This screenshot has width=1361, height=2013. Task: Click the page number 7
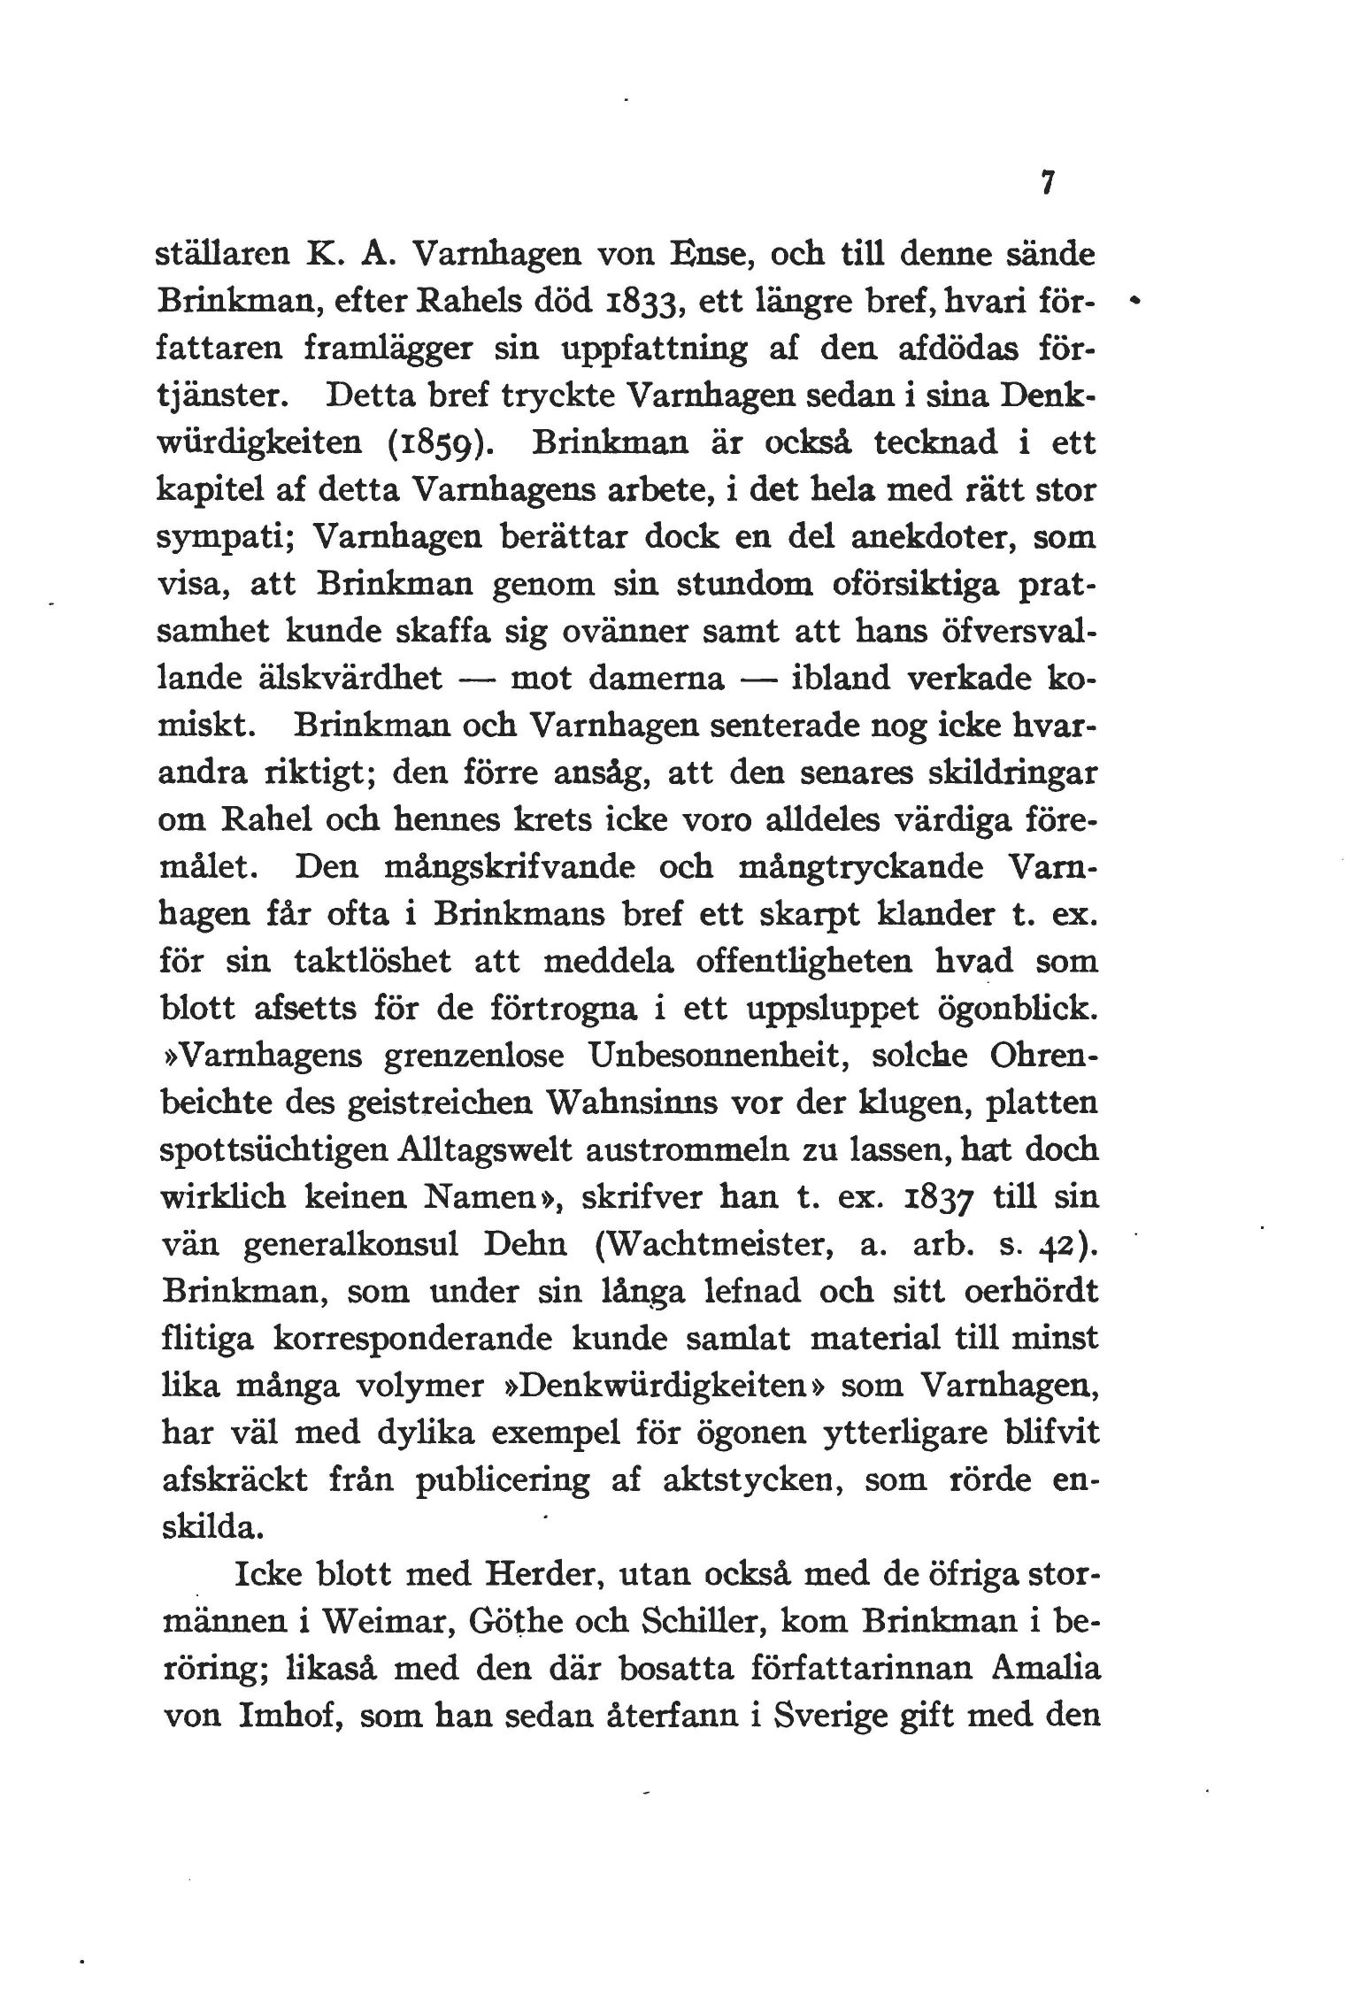(1047, 182)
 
